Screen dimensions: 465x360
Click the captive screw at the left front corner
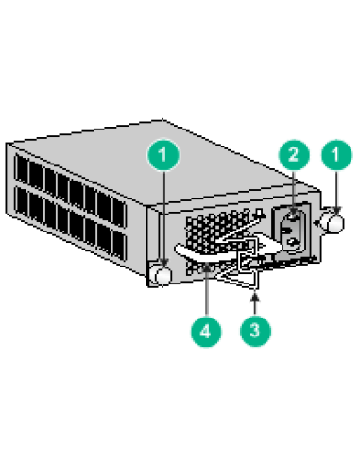pyautogui.click(x=162, y=274)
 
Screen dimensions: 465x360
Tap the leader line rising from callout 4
pyautogui.click(x=207, y=293)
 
